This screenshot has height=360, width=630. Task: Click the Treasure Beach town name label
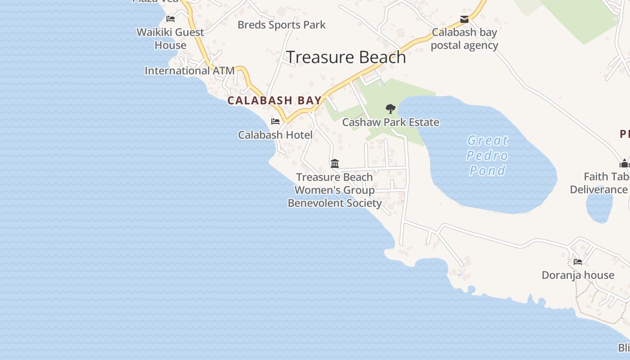click(346, 57)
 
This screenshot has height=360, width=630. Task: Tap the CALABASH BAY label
click(274, 100)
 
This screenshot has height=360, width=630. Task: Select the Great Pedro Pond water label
click(487, 155)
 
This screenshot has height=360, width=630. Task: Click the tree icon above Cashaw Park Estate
click(391, 108)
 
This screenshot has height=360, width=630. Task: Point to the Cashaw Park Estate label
click(391, 122)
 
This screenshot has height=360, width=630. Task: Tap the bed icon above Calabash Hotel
click(275, 121)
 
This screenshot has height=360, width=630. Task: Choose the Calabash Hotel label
click(275, 135)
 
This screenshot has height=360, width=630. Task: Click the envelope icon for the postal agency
click(464, 19)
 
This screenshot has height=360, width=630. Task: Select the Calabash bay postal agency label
click(464, 39)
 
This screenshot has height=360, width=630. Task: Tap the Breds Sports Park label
click(281, 25)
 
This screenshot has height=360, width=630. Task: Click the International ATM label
click(189, 71)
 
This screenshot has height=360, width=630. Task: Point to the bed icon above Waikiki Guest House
click(171, 19)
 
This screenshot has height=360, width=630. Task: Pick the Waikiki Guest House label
click(170, 39)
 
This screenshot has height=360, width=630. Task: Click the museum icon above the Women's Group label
click(335, 163)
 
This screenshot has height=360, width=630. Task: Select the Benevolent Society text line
click(335, 203)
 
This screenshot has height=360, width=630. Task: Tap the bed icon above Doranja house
click(578, 261)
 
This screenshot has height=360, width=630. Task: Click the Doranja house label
click(578, 275)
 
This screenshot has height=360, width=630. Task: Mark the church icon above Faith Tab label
click(624, 163)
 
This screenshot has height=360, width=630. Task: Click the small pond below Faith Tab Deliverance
click(599, 205)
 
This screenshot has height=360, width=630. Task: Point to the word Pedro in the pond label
click(487, 155)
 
